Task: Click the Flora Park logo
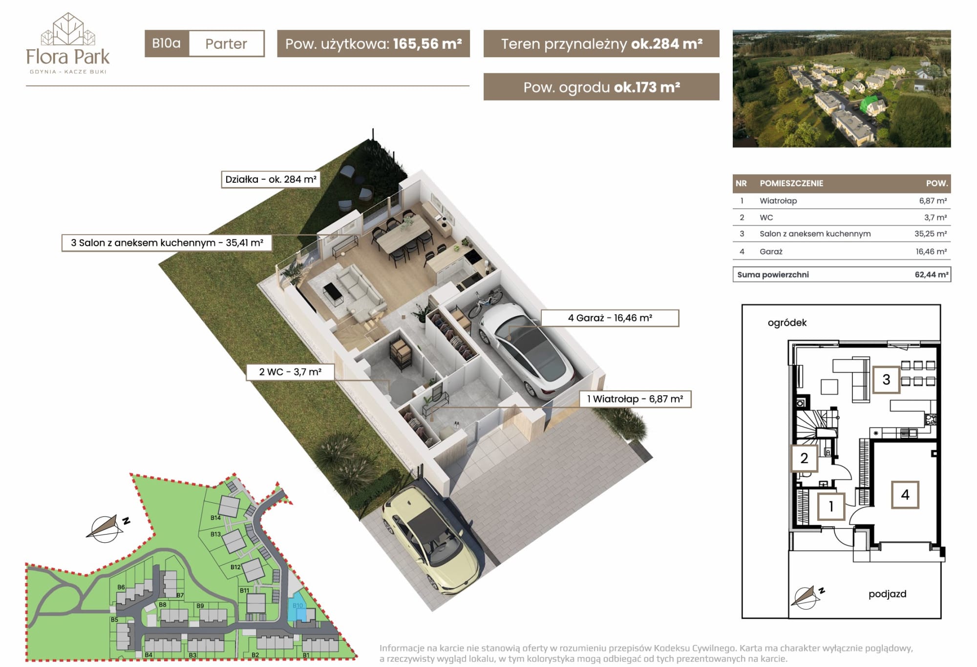click(68, 43)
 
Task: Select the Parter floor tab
click(226, 43)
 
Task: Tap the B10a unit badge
click(167, 43)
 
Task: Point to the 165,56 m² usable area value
click(427, 44)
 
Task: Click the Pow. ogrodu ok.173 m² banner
click(601, 87)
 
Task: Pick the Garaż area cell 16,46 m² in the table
click(931, 252)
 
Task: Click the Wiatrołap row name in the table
click(778, 201)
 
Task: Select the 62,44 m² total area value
click(932, 275)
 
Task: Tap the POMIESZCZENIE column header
click(791, 183)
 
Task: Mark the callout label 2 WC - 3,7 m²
click(290, 372)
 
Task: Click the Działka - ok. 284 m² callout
click(271, 179)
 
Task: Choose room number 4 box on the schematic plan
click(905, 495)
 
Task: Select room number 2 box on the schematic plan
click(804, 458)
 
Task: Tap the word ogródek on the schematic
click(787, 323)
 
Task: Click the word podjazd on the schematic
click(887, 594)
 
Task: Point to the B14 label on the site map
click(215, 517)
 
